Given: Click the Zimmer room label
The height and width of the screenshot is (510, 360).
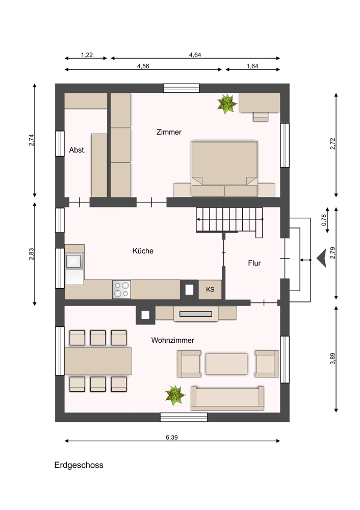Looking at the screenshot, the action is [x=169, y=132].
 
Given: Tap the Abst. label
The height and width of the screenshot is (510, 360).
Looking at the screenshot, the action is [x=78, y=150].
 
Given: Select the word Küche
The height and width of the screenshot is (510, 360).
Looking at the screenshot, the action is [x=143, y=251].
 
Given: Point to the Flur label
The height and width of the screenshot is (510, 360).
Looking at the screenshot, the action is [x=254, y=263].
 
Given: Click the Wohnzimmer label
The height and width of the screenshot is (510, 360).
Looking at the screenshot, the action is [x=173, y=340].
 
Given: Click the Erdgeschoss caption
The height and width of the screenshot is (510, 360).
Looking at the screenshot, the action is [x=79, y=465].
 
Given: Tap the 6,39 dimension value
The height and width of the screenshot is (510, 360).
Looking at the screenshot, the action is [x=172, y=438].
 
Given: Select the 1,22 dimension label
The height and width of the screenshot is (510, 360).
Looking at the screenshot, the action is [x=87, y=55].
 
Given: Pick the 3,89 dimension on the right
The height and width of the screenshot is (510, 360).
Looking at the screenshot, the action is [x=332, y=359].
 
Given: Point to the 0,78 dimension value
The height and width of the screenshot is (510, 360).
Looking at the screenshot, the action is [x=324, y=220].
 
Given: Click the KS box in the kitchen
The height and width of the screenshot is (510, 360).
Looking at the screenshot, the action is [x=210, y=289].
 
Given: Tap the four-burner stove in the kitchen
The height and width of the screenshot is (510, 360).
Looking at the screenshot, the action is [x=122, y=290].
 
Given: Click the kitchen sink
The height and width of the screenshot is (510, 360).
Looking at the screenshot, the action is [x=74, y=262].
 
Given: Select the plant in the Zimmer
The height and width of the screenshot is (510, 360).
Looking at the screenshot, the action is [x=227, y=104].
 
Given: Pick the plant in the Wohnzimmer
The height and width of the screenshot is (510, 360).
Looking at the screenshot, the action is [x=175, y=395].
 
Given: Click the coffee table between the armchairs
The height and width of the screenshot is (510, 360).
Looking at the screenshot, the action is [x=226, y=364].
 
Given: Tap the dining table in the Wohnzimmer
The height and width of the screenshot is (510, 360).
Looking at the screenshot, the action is [x=98, y=361].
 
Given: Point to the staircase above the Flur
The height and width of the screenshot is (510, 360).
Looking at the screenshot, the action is [x=229, y=220].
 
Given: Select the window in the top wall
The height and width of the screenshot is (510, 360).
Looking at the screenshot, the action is [x=181, y=88].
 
